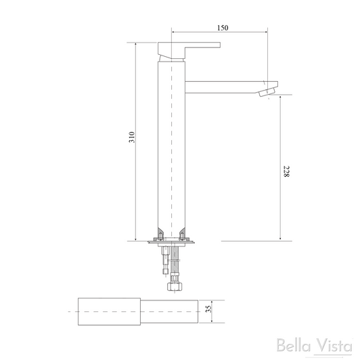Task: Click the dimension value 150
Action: [223, 27]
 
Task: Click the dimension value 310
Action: [133, 137]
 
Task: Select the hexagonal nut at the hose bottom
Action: [173, 286]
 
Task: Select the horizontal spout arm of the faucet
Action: [223, 86]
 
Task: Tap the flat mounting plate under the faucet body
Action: [173, 242]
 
